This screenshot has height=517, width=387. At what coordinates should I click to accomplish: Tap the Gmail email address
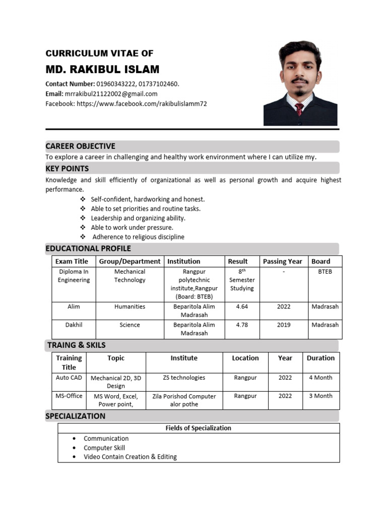(x=111, y=94)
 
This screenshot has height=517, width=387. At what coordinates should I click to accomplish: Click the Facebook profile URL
(x=142, y=104)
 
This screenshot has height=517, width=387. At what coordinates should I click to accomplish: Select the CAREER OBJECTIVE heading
(x=81, y=146)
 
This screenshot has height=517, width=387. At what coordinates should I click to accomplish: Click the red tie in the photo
(x=299, y=109)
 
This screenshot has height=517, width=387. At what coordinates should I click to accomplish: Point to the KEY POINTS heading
(x=67, y=169)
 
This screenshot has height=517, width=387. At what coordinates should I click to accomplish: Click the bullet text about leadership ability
(x=138, y=218)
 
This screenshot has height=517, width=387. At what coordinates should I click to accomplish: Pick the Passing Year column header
(x=282, y=262)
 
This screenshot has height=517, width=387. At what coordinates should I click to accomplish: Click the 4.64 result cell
(x=242, y=306)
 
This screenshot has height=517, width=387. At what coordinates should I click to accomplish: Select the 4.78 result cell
(x=242, y=325)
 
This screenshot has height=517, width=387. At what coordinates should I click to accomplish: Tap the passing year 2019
(x=284, y=325)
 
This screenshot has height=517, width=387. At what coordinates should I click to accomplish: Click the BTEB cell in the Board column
(x=325, y=272)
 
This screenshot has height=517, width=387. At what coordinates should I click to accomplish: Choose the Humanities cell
(x=130, y=306)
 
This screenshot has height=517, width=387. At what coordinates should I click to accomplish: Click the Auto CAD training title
(x=69, y=378)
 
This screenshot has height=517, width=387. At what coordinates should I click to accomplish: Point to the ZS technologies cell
(x=184, y=378)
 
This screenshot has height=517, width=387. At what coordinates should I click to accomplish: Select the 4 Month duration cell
(x=320, y=378)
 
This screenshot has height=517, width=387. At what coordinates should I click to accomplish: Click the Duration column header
(x=320, y=358)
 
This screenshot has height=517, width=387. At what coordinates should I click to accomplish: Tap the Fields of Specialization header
(x=199, y=428)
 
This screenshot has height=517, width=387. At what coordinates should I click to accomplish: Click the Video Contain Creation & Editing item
(x=130, y=457)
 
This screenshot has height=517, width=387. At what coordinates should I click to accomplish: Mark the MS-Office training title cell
(x=69, y=396)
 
